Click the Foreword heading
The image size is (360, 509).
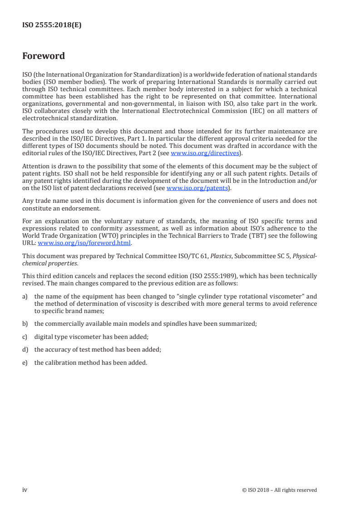[x=44, y=56]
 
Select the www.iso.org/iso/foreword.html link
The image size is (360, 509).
[x=84, y=242]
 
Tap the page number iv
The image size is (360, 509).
[x=25, y=490]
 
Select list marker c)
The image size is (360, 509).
[x=25, y=337]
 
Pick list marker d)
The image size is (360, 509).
[x=25, y=349]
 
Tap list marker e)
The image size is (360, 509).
[x=25, y=362]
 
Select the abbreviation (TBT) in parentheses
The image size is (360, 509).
[x=265, y=235]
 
